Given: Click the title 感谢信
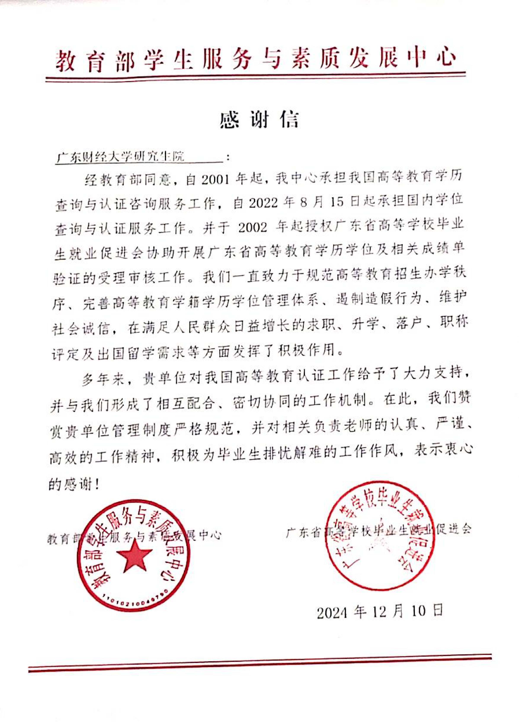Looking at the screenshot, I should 259,120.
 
